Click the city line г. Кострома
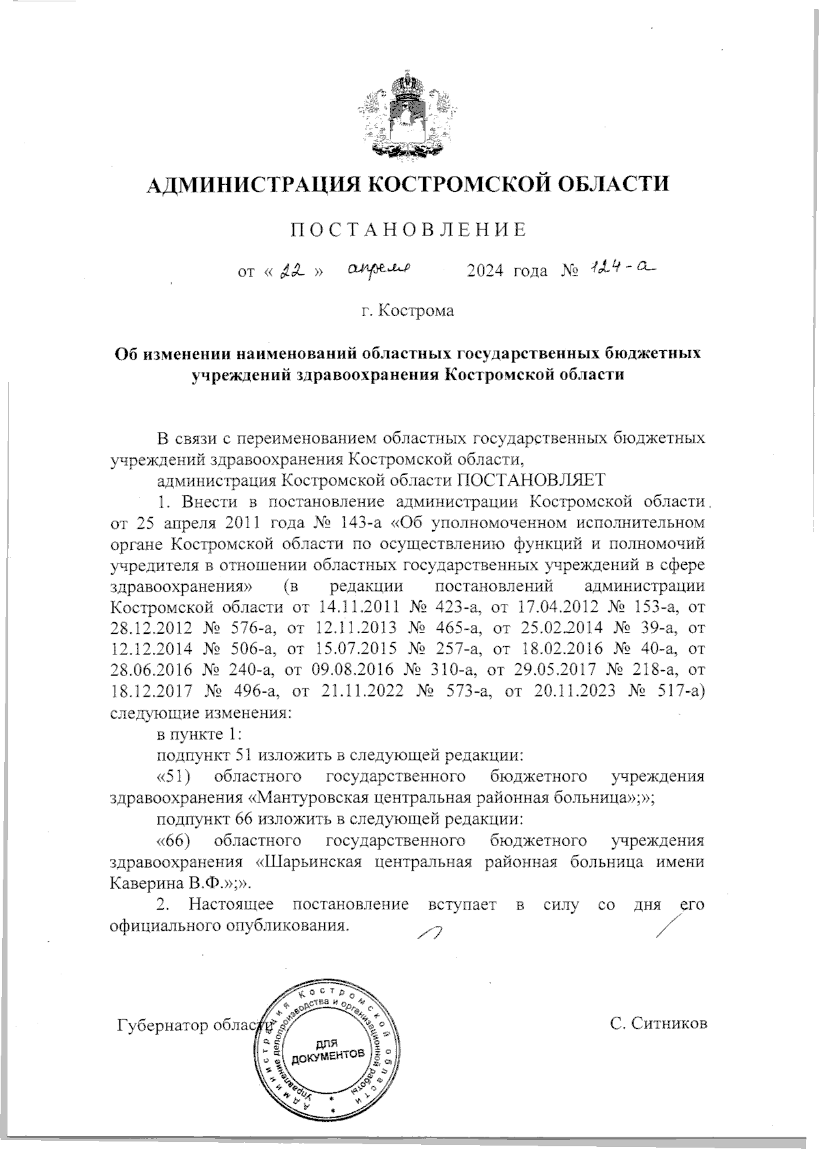click(408, 312)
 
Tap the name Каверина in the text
click(145, 883)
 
